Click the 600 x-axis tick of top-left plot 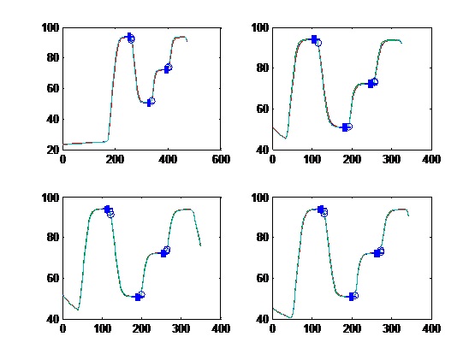(221, 160)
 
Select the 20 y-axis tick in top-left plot (52, 150)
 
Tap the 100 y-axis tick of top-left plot (50, 28)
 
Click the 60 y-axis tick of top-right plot (262, 109)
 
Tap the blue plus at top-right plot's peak (314, 38)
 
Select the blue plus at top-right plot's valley (344, 127)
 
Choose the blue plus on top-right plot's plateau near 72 (371, 84)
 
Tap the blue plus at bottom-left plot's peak (107, 209)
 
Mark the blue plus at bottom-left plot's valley (138, 298)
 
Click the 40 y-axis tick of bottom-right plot (262, 319)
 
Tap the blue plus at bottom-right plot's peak (321, 209)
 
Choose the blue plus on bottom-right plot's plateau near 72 (377, 253)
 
